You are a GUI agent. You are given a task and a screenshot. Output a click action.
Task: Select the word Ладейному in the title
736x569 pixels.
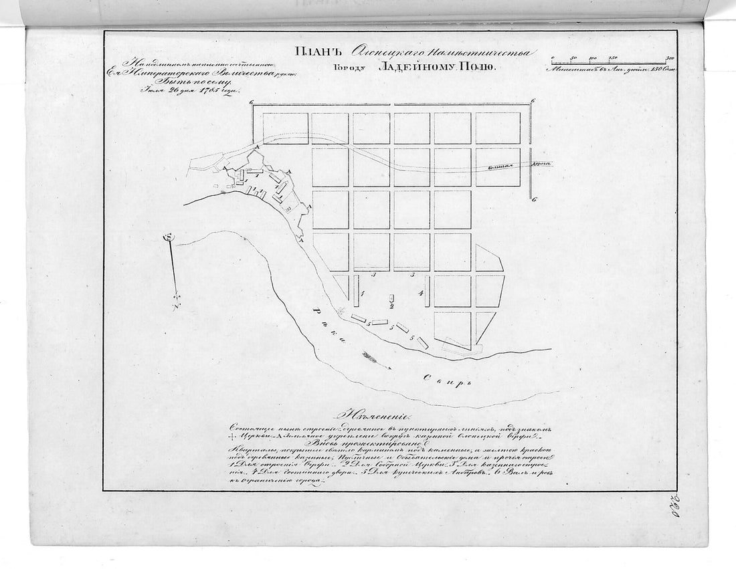coord(413,67)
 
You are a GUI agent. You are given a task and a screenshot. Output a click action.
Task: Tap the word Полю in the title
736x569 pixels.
coord(476,67)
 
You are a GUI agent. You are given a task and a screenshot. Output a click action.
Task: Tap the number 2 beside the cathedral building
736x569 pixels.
coord(392,306)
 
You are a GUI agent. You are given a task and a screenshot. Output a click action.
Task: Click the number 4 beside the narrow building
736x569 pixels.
coord(420,294)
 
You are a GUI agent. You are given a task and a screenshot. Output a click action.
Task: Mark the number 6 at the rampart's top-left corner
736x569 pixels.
coord(251,102)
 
